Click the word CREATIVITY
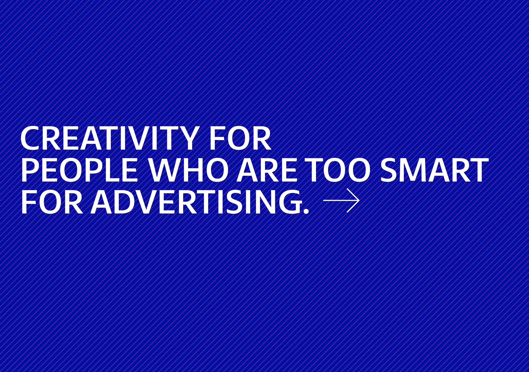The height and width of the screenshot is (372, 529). [110, 138]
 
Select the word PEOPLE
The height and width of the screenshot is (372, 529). [79, 170]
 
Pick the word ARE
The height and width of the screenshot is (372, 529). [267, 170]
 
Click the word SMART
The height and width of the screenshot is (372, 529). [434, 170]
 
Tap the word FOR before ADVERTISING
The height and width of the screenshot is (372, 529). [52, 202]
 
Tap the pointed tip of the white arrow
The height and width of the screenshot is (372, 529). [359, 200]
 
